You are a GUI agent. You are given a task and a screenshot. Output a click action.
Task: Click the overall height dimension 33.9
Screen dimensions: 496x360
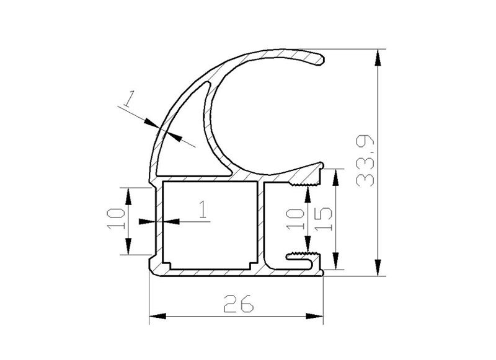point(365,160)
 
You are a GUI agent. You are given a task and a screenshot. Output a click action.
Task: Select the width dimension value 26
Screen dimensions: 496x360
point(239,304)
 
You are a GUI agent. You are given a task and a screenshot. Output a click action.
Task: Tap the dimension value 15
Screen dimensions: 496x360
point(323,219)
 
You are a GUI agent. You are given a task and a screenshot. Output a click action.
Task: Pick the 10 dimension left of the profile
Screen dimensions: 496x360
point(116,219)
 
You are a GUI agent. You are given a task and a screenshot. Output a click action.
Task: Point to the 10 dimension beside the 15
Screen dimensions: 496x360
point(295,219)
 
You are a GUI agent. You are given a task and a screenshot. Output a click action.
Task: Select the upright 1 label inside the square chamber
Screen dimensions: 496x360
point(203,209)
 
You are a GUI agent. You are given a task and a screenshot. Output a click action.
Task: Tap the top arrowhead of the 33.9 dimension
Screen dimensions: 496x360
point(378,58)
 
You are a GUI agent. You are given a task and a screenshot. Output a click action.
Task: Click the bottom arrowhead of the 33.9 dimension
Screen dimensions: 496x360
point(378,268)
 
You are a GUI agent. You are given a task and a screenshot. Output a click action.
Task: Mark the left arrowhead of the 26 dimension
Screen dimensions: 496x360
point(157,316)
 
